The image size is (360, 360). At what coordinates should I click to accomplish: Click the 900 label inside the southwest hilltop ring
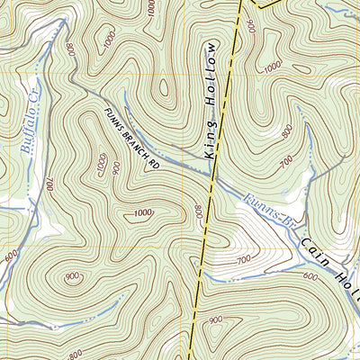tap(71, 277)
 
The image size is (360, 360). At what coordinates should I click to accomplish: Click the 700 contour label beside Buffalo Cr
tap(50, 184)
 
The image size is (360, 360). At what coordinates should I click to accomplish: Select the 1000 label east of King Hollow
tap(273, 67)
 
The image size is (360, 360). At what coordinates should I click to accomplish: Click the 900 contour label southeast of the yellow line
tap(215, 319)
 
